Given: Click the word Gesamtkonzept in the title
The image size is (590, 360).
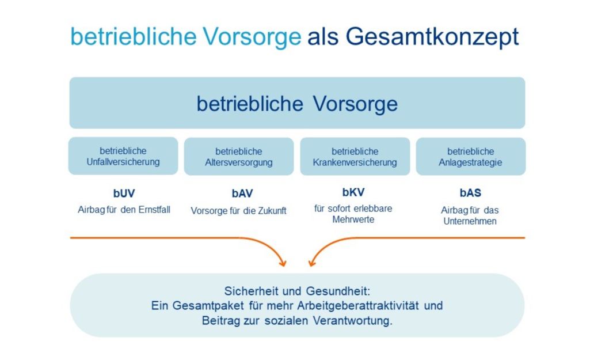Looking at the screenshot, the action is (x=432, y=37).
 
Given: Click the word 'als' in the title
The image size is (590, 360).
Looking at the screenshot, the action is (x=323, y=36).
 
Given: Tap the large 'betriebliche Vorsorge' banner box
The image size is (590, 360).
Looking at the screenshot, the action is (x=297, y=103).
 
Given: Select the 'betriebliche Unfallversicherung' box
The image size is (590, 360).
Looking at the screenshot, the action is (x=123, y=156).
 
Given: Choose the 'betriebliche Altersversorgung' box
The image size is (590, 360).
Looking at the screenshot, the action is (x=239, y=156).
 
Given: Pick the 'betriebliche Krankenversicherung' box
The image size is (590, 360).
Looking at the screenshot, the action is (x=355, y=156).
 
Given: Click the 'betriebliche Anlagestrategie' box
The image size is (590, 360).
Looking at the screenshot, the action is (x=471, y=156).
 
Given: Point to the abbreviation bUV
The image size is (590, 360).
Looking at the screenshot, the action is (x=124, y=193).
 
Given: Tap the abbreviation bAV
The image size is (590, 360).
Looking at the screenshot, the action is (x=242, y=194).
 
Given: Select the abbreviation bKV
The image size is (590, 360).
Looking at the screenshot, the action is (x=353, y=192).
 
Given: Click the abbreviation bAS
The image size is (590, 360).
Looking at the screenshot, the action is (x=470, y=193).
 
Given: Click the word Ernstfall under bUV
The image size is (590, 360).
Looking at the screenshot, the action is (x=155, y=209).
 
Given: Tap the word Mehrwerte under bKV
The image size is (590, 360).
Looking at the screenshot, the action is (x=353, y=219).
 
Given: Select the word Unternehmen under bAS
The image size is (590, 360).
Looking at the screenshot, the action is (x=470, y=221).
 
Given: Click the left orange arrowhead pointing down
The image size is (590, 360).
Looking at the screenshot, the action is (x=283, y=263).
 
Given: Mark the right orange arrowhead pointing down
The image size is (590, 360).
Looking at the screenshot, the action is (x=311, y=263).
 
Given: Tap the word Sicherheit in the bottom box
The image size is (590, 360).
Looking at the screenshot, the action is (x=252, y=291).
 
